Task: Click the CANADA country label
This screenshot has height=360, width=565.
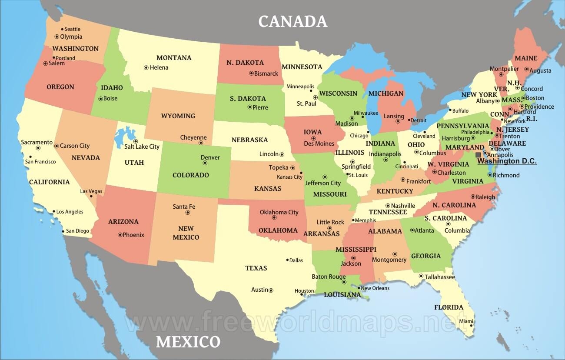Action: tap(292, 21)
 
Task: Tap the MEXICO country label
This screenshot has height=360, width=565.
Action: tap(188, 342)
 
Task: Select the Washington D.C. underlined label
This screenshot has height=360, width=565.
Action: tap(507, 161)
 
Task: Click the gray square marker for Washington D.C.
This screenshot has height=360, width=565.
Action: tap(478, 155)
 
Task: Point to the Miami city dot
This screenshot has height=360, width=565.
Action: tap(471, 326)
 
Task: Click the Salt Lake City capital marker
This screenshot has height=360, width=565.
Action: tap(136, 141)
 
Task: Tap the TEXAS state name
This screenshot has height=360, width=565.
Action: tap(256, 268)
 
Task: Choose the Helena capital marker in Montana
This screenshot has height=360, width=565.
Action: tap(146, 67)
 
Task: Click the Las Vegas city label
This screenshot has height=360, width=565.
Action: tap(91, 191)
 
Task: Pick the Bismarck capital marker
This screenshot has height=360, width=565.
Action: tap(251, 73)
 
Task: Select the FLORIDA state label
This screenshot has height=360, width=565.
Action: tap(449, 307)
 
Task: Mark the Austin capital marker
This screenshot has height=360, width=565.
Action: tap(271, 290)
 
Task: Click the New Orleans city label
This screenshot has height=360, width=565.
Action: tap(375, 288)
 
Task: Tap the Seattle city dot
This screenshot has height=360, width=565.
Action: tap(62, 29)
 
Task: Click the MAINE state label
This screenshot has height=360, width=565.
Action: tap(526, 58)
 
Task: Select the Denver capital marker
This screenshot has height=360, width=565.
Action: tap(205, 163)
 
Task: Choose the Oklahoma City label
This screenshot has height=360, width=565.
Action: tap(279, 212)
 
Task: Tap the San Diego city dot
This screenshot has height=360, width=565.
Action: tap(63, 231)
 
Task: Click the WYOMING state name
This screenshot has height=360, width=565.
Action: tap(178, 116)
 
